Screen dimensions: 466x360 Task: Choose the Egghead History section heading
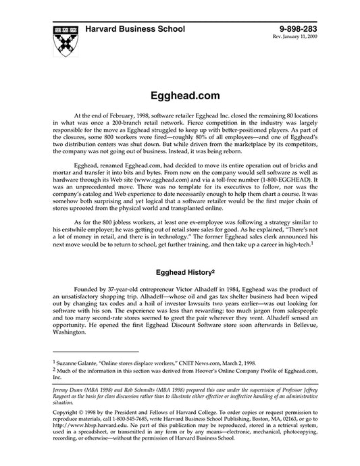pos(180,274)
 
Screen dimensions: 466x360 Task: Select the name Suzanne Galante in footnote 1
pos(80,362)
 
